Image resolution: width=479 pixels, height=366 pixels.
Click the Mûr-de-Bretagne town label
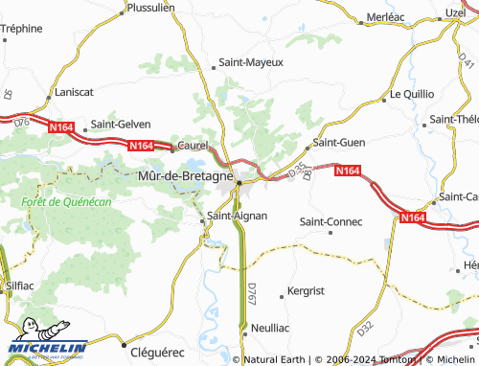coord(185,176)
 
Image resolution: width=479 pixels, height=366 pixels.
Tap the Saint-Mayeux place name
coord(252,62)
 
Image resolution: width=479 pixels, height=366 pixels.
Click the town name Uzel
coord(455,11)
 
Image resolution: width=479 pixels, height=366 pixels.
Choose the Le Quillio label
coord(413,95)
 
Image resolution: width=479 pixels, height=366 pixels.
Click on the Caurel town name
coord(194,149)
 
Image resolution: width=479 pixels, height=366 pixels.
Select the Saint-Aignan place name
coord(238,216)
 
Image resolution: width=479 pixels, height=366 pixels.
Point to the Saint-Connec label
coord(331,221)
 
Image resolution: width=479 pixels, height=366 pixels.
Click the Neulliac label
coord(269,327)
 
